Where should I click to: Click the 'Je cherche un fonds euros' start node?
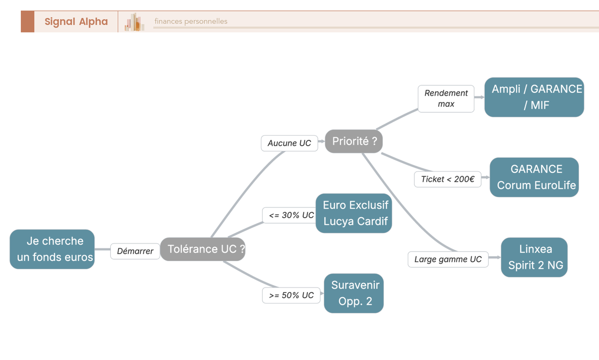[x=52, y=249]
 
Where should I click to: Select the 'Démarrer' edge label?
[x=135, y=251]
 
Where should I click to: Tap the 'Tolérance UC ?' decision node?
[x=203, y=249]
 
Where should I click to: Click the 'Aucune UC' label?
[x=290, y=143]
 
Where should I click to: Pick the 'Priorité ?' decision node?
[x=354, y=141]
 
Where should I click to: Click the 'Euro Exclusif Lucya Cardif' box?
[x=354, y=213]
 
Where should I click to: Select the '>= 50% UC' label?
[x=292, y=295]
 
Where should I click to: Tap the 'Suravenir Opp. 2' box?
[x=354, y=293]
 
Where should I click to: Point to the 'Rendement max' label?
[x=446, y=98]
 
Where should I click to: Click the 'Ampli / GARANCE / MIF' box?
[x=534, y=97]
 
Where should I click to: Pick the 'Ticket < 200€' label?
[x=448, y=179]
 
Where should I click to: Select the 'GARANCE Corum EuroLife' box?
[x=534, y=177]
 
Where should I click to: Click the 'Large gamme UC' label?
[x=448, y=259]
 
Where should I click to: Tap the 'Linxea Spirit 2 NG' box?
[x=534, y=257]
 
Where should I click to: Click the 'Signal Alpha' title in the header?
[x=76, y=21]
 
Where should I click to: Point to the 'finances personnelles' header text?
[x=191, y=21]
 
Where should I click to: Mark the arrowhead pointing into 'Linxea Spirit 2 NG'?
[x=498, y=257]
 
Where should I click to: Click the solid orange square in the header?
[x=27, y=21]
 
